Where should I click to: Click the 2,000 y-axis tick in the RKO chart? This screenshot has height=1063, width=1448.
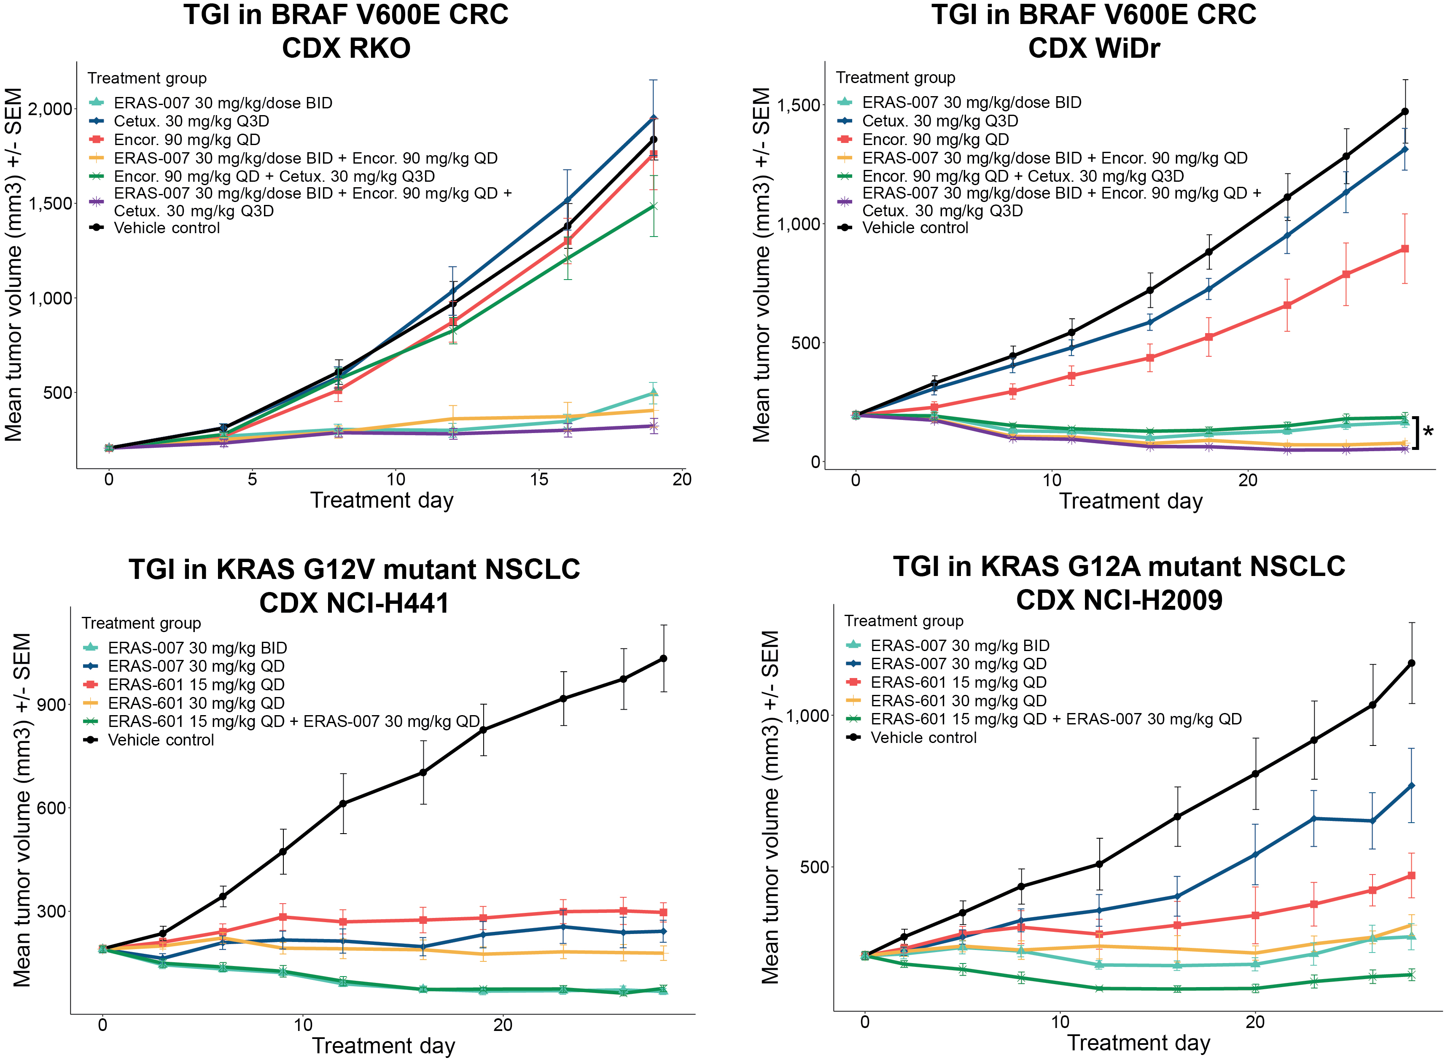pyautogui.click(x=50, y=109)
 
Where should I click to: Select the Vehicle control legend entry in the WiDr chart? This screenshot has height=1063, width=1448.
pyautogui.click(x=915, y=228)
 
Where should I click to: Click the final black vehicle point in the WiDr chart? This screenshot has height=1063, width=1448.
pyautogui.click(x=1405, y=112)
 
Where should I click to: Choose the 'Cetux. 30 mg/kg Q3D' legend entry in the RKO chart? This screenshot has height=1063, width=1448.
pyautogui.click(x=191, y=121)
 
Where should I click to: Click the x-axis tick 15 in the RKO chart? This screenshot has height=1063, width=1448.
pyautogui.click(x=539, y=479)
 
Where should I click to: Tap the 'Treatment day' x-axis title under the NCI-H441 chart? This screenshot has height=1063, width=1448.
pyautogui.click(x=384, y=1046)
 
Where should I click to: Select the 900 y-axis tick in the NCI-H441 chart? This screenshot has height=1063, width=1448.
pyautogui.click(x=51, y=705)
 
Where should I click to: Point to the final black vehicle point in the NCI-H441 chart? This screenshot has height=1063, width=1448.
pyautogui.click(x=664, y=658)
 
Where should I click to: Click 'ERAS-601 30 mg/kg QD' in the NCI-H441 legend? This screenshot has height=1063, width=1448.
pyautogui.click(x=196, y=702)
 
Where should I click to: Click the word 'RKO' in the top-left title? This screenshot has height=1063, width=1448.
pyautogui.click(x=346, y=48)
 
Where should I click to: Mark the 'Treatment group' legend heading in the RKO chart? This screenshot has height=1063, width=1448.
pyautogui.click(x=148, y=78)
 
